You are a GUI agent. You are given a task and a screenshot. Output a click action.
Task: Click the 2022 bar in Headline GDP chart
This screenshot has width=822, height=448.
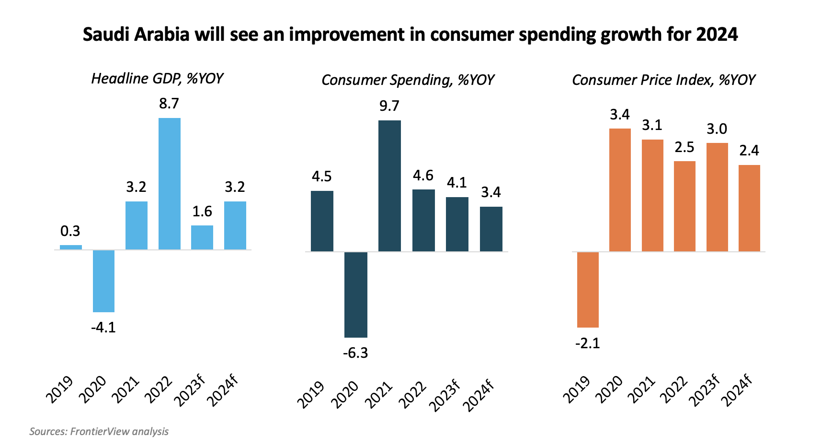170,184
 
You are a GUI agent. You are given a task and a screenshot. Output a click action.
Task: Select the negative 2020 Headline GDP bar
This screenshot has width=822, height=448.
103,281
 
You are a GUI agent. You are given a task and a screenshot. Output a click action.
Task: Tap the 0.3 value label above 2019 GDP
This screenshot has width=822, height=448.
70,231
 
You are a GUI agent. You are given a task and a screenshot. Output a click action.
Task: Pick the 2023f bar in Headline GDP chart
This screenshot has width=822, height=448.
202,237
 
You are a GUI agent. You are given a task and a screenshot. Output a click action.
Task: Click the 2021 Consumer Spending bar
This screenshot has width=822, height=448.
389,186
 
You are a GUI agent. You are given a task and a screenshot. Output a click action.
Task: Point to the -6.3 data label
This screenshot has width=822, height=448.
355,353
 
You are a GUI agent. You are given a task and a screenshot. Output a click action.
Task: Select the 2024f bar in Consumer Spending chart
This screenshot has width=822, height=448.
491,229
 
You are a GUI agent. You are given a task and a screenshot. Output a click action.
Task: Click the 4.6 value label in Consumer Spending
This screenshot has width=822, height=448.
423,176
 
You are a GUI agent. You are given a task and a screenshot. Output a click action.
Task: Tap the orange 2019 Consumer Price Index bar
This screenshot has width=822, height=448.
588,290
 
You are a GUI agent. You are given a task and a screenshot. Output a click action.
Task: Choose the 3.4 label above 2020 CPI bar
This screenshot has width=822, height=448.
620,115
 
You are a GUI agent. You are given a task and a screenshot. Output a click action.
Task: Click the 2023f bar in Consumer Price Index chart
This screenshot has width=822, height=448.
717,197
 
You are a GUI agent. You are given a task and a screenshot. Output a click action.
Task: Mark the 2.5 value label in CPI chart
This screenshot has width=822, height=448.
685,147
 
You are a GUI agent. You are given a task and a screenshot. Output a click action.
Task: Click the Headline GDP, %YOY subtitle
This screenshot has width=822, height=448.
157,79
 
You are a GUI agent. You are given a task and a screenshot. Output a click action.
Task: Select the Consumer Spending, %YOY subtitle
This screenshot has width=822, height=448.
408,80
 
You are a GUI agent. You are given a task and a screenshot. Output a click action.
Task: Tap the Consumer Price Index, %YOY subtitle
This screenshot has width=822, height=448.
663,80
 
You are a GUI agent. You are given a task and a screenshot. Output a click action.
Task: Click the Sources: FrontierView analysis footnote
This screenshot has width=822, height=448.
99,431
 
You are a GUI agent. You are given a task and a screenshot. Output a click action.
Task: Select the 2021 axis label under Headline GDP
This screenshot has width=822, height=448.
126,389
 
